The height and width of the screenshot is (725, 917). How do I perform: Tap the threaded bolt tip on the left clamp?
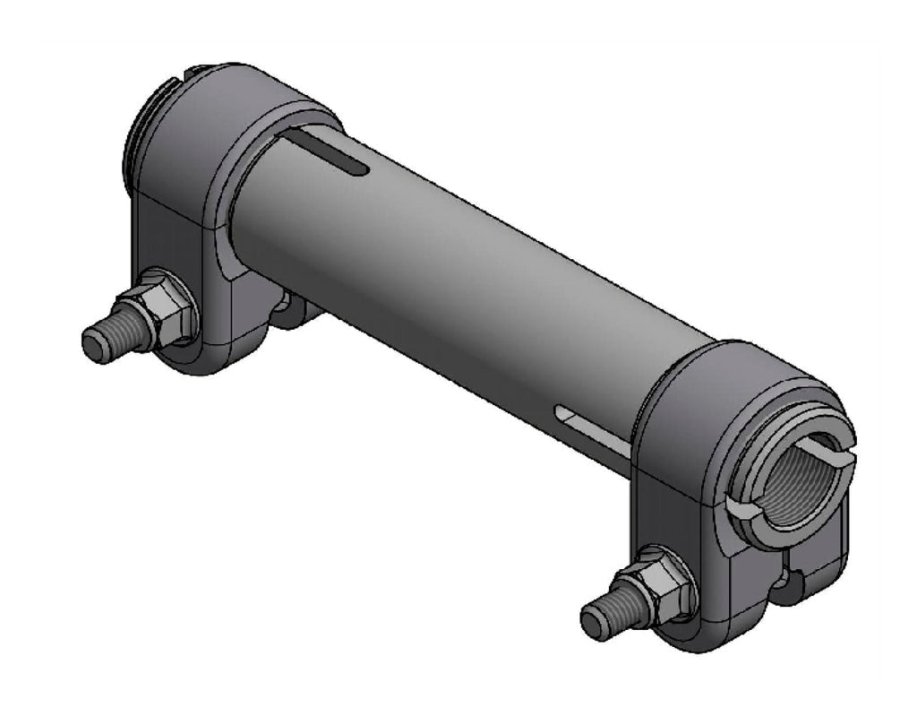pyautogui.click(x=100, y=342)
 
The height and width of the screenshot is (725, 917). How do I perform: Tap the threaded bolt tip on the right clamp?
pyautogui.click(x=599, y=620)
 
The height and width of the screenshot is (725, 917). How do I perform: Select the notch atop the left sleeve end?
pyautogui.click(x=195, y=71)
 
